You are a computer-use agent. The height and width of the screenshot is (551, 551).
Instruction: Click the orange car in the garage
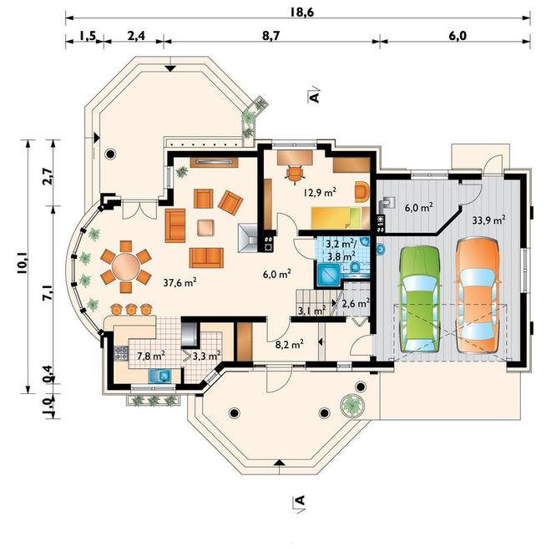pos(478,295)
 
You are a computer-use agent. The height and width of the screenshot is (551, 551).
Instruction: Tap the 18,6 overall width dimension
pos(302,12)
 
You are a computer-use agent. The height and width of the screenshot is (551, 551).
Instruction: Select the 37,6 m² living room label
pos(180,282)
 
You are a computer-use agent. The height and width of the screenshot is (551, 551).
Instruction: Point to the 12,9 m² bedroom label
pos(320,192)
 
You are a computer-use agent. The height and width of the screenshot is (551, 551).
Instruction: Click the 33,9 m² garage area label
pos(488,220)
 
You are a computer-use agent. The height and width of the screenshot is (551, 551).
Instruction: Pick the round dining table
pos(126,266)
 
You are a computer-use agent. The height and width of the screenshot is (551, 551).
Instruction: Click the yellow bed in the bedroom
pos(336,218)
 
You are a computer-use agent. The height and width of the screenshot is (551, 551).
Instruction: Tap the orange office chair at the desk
pos(295,174)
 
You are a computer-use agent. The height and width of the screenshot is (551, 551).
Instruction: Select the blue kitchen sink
pos(160,377)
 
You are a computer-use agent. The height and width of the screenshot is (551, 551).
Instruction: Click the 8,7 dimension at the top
pos(270,36)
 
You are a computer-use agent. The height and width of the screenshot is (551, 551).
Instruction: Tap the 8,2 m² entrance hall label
pos(290,344)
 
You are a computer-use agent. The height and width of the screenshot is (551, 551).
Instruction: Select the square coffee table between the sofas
pos(205,227)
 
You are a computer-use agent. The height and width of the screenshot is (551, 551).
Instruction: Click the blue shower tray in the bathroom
pos(329,275)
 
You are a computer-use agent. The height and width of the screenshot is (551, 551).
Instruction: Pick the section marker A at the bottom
pos(299,500)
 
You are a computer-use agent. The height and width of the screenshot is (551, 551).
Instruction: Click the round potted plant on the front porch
pos(352,405)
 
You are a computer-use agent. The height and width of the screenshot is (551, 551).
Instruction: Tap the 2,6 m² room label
pos(356,303)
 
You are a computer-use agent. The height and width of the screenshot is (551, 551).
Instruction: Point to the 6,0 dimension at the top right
pos(457,36)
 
